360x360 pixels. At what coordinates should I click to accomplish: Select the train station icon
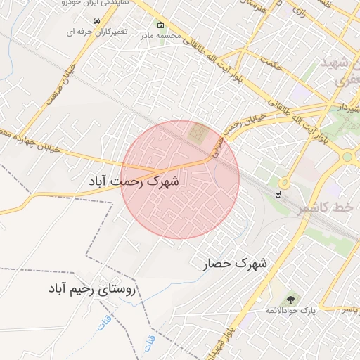pyautogui.click(x=279, y=193)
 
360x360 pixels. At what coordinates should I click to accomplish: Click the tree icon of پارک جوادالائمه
pyautogui.click(x=291, y=301)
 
